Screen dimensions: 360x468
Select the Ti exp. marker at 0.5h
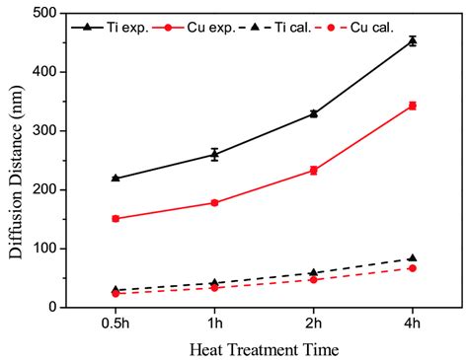point(116,179)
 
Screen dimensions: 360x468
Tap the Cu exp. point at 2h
point(314,171)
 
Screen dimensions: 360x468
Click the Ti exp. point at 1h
point(214,155)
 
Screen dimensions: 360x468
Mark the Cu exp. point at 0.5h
point(116,218)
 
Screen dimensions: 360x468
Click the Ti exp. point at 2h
point(314,113)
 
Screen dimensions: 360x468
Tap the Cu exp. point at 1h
point(214,202)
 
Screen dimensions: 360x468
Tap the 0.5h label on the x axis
point(116,323)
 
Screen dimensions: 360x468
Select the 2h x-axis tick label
point(314,323)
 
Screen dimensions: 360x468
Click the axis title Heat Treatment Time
point(264,349)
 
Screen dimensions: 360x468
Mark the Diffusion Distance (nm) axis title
point(16,162)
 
